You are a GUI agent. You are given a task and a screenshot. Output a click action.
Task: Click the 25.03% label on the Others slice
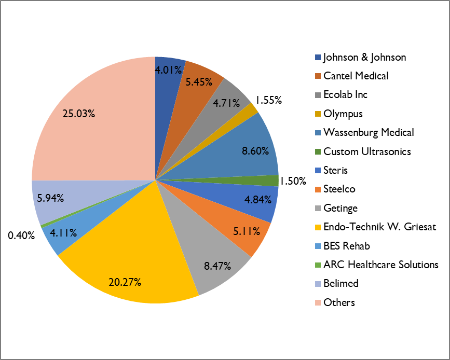[78, 114]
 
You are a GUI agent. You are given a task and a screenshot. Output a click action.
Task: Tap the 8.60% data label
[255, 151]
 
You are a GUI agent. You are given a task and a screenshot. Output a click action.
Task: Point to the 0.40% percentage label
[21, 236]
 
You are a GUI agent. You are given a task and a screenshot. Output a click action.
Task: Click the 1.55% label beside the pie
[268, 100]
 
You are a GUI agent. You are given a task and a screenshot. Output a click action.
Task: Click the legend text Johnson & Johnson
[364, 57]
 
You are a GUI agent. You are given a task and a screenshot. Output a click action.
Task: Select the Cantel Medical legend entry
[356, 76]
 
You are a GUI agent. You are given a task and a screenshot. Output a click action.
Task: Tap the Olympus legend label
[343, 114]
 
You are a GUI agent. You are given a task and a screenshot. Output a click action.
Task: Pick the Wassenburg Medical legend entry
[369, 132]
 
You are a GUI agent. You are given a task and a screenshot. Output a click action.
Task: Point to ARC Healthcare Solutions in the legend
[380, 265]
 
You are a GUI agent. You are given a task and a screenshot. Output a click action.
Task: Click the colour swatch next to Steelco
[318, 189]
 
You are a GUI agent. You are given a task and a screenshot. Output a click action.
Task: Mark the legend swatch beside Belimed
[318, 284]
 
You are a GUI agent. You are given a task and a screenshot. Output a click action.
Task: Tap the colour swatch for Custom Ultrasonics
[318, 151]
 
